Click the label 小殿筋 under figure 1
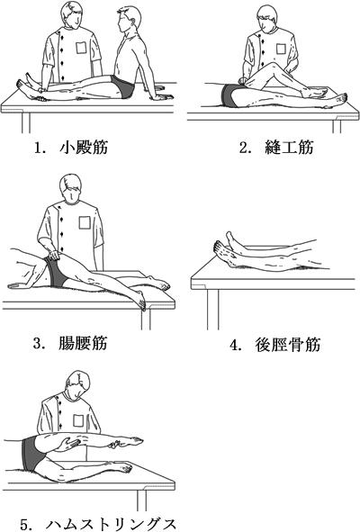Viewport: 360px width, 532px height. pyautogui.click(x=84, y=148)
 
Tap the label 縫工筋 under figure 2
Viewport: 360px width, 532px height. pyautogui.click(x=289, y=148)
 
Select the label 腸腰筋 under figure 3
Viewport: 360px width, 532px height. pyautogui.click(x=83, y=343)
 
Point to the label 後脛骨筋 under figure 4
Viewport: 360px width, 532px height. pyautogui.click(x=288, y=345)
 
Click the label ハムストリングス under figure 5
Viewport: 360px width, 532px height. pyautogui.click(x=111, y=524)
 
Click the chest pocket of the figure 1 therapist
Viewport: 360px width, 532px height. pyautogui.click(x=81, y=48)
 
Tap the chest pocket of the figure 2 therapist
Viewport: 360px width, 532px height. pyautogui.click(x=281, y=49)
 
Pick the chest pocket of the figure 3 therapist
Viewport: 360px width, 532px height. pyautogui.click(x=85, y=222)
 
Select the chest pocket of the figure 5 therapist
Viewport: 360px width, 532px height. pyautogui.click(x=78, y=420)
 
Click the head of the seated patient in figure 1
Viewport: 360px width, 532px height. pyautogui.click(x=129, y=20)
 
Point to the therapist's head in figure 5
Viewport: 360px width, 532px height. pyautogui.click(x=77, y=384)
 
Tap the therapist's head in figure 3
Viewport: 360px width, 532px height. pyautogui.click(x=70, y=189)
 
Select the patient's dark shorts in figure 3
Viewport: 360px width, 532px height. pyautogui.click(x=56, y=272)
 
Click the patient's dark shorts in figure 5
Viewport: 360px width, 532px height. pyautogui.click(x=32, y=454)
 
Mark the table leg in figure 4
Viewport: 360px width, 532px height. pyautogui.click(x=212, y=309)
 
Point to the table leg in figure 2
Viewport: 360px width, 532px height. pyautogui.click(x=337, y=127)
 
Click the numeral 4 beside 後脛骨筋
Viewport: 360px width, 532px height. pyautogui.click(x=233, y=346)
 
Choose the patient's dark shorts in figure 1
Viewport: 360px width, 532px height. pyautogui.click(x=123, y=86)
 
